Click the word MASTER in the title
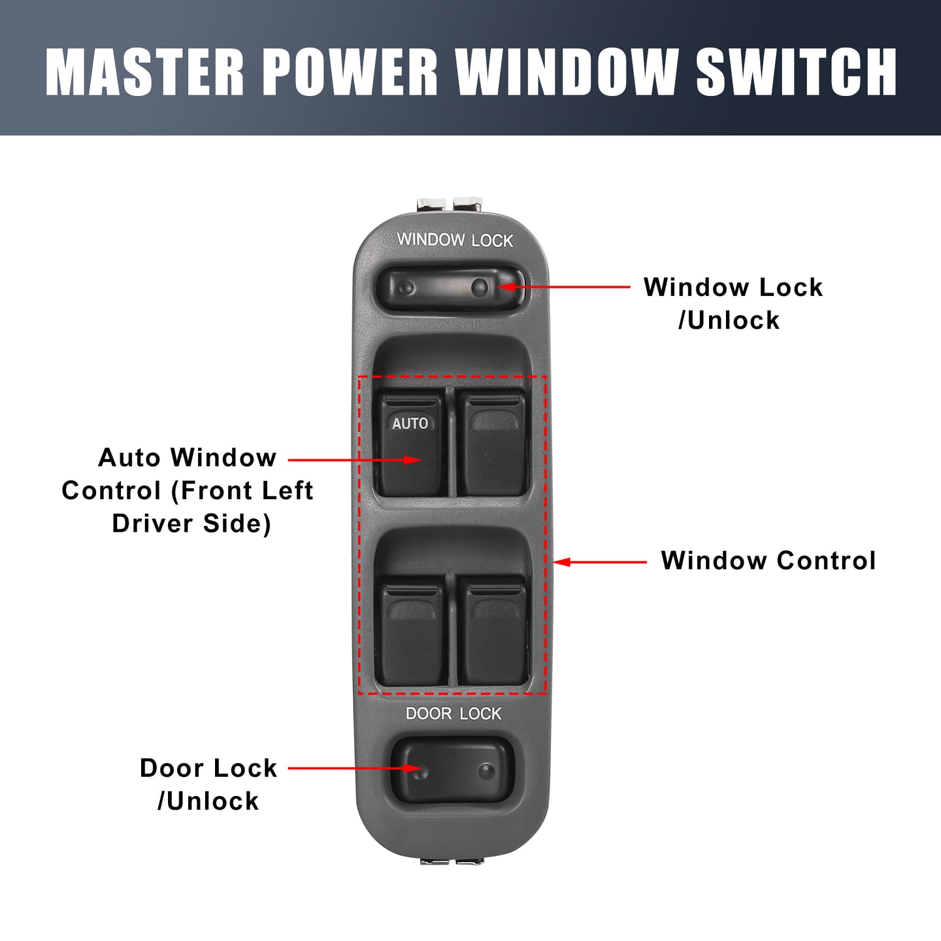(x=144, y=72)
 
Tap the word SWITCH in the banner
(x=796, y=72)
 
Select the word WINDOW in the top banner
(x=567, y=72)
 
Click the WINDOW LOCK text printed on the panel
(x=455, y=240)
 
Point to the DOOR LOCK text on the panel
(x=454, y=714)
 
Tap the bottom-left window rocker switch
(x=412, y=631)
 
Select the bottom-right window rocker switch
(x=493, y=631)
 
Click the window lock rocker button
(x=450, y=288)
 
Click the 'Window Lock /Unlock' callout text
(x=733, y=303)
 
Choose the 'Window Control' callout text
(x=768, y=560)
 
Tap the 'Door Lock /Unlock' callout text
(x=208, y=785)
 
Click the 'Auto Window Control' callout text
(x=187, y=490)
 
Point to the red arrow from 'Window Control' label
(x=600, y=562)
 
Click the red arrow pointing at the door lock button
(x=355, y=768)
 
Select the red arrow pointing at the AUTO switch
(x=355, y=459)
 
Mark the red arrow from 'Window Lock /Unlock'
(x=564, y=287)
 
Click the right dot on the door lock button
(x=486, y=771)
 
